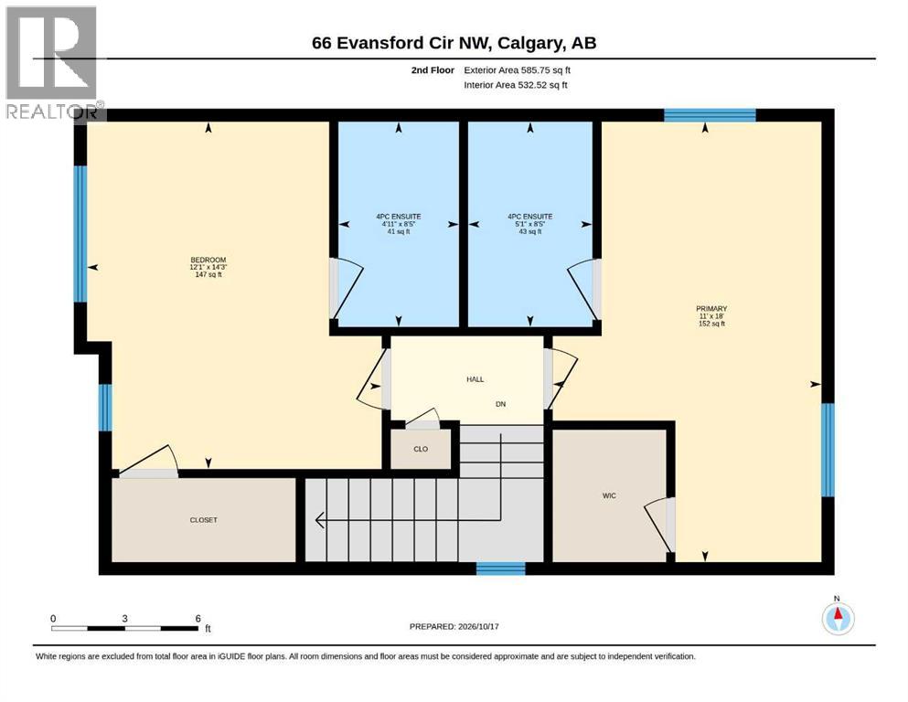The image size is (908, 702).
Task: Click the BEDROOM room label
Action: (208, 260)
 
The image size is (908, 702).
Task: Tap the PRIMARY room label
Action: (711, 308)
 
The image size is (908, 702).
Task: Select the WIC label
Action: (609, 496)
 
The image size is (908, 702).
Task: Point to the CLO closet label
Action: (421, 449)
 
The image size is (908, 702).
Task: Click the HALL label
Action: (475, 379)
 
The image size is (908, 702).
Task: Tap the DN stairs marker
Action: (501, 404)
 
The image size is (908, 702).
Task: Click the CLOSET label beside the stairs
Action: (203, 520)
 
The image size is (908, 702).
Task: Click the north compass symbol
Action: (838, 618)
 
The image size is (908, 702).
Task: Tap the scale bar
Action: (124, 628)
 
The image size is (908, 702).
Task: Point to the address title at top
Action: (454, 43)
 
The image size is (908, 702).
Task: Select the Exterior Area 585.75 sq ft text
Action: (518, 70)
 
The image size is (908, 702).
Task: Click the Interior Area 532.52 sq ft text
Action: (516, 84)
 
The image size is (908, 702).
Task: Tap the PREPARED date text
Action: (454, 626)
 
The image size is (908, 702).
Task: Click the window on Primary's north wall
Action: (710, 114)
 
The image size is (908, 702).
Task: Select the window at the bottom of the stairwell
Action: (501, 569)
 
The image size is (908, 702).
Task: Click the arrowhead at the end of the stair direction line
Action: (320, 520)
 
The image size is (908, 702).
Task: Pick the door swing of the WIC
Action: (657, 524)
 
